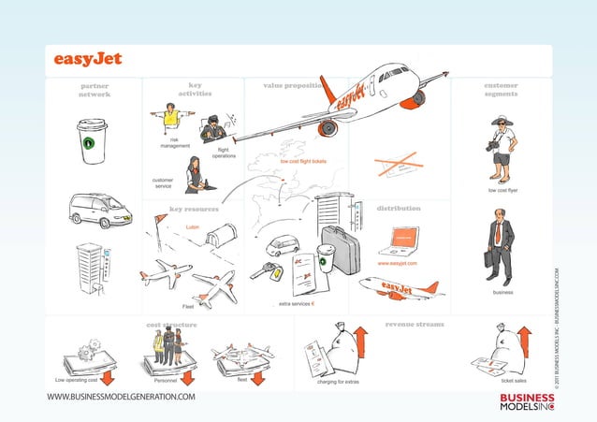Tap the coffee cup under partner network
[x=92, y=140]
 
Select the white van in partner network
[x=99, y=210]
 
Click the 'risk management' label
[x=175, y=143]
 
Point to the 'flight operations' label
[x=224, y=153]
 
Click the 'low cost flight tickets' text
[x=303, y=161]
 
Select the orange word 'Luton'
[x=192, y=227]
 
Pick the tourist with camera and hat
[x=502, y=150]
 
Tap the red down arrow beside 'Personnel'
[x=187, y=378]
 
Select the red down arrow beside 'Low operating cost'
[x=108, y=378]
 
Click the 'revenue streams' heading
[x=415, y=324]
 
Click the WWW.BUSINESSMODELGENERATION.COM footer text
[x=122, y=398]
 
